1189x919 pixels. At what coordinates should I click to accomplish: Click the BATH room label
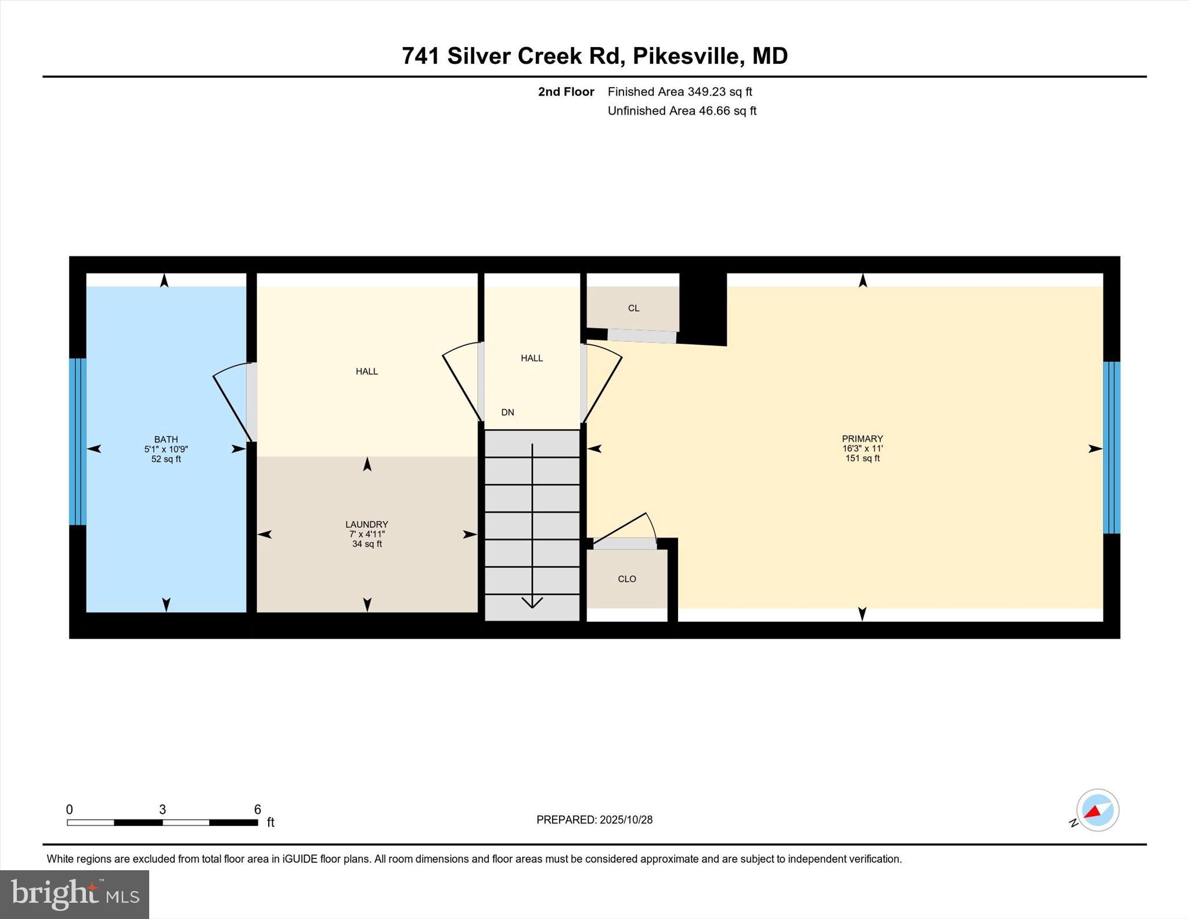point(166,439)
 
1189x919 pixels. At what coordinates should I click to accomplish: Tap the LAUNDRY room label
point(366,524)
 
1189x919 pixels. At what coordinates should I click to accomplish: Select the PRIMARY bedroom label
point(862,439)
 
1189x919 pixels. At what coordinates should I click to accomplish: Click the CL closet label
point(633,308)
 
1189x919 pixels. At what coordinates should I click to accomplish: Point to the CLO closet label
point(627,579)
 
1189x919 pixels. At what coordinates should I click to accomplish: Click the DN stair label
point(507,412)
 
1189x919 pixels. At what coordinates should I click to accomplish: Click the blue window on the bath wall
point(78,441)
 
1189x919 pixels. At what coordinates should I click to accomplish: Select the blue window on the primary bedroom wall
point(1111,447)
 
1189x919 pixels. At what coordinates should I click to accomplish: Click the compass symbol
point(1097,810)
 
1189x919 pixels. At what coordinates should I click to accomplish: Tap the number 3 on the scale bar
point(163,809)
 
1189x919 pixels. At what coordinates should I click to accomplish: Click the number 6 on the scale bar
point(257,809)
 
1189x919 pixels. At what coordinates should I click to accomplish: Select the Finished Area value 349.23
point(707,92)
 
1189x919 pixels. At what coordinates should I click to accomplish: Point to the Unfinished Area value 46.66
point(714,111)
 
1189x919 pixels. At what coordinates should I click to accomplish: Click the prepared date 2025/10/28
point(626,820)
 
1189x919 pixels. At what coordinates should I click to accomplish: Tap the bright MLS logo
point(74,894)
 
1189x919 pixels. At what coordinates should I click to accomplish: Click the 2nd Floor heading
point(566,92)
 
